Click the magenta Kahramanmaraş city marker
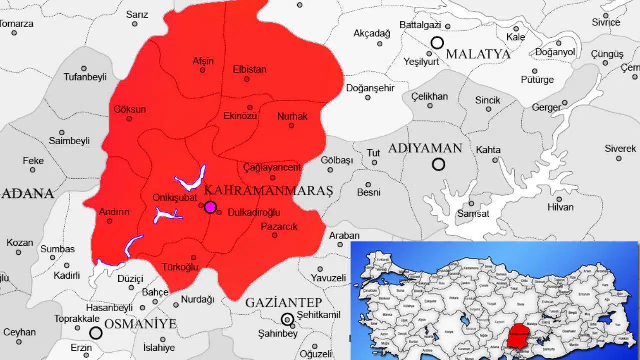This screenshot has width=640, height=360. [x=210, y=207]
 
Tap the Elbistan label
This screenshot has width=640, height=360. [x=249, y=69]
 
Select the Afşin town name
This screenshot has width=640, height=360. [x=203, y=61]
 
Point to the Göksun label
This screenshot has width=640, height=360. [x=130, y=109]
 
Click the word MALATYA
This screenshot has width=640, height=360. [x=478, y=54]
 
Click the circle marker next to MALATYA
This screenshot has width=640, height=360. [x=437, y=43]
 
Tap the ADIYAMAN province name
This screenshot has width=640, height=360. [x=425, y=148]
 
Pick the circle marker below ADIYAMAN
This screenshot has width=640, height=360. [x=438, y=164]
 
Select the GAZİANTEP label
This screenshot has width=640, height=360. [x=283, y=302]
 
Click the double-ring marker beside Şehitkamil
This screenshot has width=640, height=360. [x=287, y=319]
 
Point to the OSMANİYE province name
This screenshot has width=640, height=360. [x=140, y=324]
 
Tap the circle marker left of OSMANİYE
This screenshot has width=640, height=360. [x=96, y=333]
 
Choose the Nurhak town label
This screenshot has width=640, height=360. [x=292, y=116]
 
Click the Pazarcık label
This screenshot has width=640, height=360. [x=279, y=226]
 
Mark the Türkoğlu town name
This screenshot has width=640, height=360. [x=180, y=267]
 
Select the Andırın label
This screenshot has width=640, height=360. [x=114, y=211]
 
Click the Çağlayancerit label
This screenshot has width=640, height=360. [x=272, y=167]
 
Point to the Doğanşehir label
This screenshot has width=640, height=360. [x=370, y=88]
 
